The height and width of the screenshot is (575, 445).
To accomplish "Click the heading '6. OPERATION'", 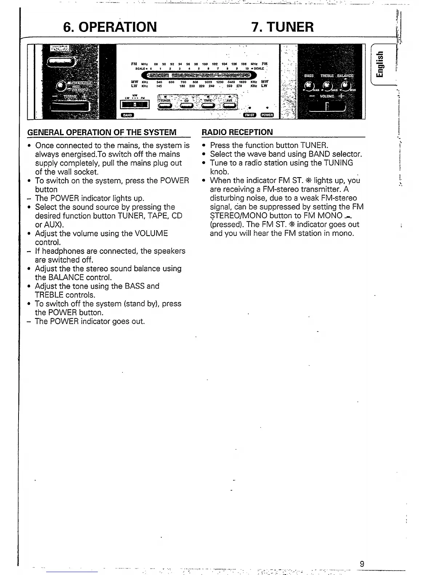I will (110, 26).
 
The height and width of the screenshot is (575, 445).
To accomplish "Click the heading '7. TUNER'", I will (282, 26).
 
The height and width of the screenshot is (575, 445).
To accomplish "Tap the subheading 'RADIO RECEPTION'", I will (237, 132).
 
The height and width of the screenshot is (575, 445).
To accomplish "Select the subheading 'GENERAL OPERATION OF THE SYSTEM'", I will (102, 132).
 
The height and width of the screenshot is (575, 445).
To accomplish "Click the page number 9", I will (362, 564).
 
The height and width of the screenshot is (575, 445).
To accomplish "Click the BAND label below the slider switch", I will (127, 115).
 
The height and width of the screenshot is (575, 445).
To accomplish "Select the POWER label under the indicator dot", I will (267, 115).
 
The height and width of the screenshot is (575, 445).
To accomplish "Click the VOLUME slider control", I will (327, 106).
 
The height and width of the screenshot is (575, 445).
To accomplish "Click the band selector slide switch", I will (135, 105).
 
